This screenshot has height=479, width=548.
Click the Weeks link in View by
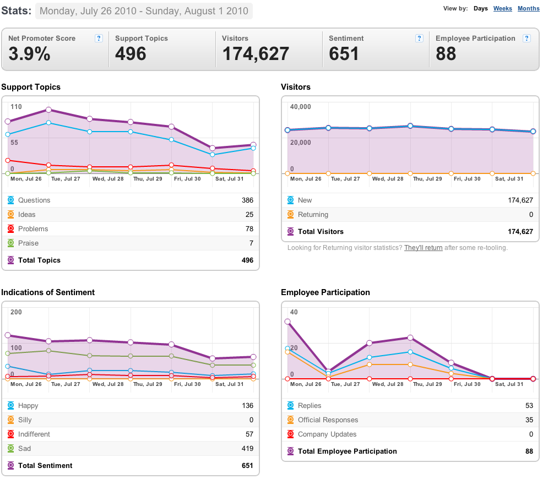[503, 8]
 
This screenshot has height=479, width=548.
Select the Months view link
[528, 8]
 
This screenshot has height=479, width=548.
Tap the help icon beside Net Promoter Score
[99, 39]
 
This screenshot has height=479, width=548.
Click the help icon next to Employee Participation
[527, 39]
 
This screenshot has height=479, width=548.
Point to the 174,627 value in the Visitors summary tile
[256, 54]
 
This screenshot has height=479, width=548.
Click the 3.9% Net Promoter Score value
[29, 54]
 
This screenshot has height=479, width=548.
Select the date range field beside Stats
[144, 11]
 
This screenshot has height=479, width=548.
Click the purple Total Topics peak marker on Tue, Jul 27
[48, 110]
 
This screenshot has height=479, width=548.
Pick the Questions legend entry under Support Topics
[34, 200]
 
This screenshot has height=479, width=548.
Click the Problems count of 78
[249, 229]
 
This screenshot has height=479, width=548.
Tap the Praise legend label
[28, 243]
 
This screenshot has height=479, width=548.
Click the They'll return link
[423, 248]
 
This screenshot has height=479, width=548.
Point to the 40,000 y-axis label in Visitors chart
[300, 107]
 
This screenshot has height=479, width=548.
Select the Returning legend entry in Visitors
[313, 215]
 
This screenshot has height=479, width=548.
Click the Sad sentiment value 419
[247, 448]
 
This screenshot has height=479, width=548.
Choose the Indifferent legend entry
[34, 434]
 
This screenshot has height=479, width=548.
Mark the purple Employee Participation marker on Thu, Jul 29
[410, 338]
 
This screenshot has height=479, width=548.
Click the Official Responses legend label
[328, 420]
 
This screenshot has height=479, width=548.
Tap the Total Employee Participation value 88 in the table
[529, 451]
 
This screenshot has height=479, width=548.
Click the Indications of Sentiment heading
[48, 292]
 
